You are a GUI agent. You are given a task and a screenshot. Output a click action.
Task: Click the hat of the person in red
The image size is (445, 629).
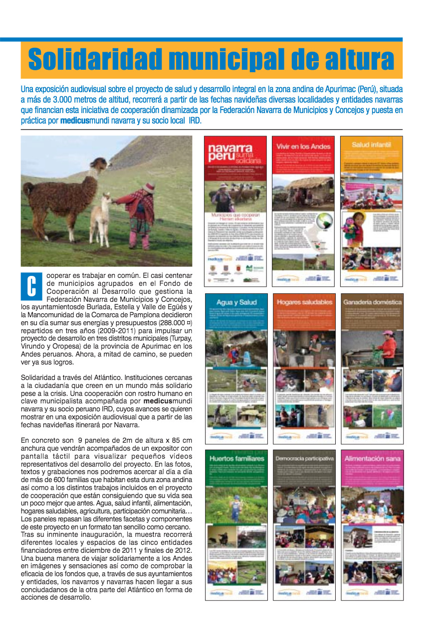(148, 188)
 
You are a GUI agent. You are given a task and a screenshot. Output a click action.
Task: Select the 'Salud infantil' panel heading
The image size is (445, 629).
(371, 145)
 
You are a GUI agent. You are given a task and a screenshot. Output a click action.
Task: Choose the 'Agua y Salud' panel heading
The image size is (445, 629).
(236, 302)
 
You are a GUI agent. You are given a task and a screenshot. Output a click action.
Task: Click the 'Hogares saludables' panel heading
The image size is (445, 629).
(304, 302)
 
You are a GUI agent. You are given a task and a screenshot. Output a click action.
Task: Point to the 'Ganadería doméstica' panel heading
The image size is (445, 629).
(372, 302)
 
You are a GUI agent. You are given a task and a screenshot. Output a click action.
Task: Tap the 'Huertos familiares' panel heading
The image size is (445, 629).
(236, 458)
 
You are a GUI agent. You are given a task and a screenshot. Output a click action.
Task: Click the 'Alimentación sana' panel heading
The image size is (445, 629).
(372, 458)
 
